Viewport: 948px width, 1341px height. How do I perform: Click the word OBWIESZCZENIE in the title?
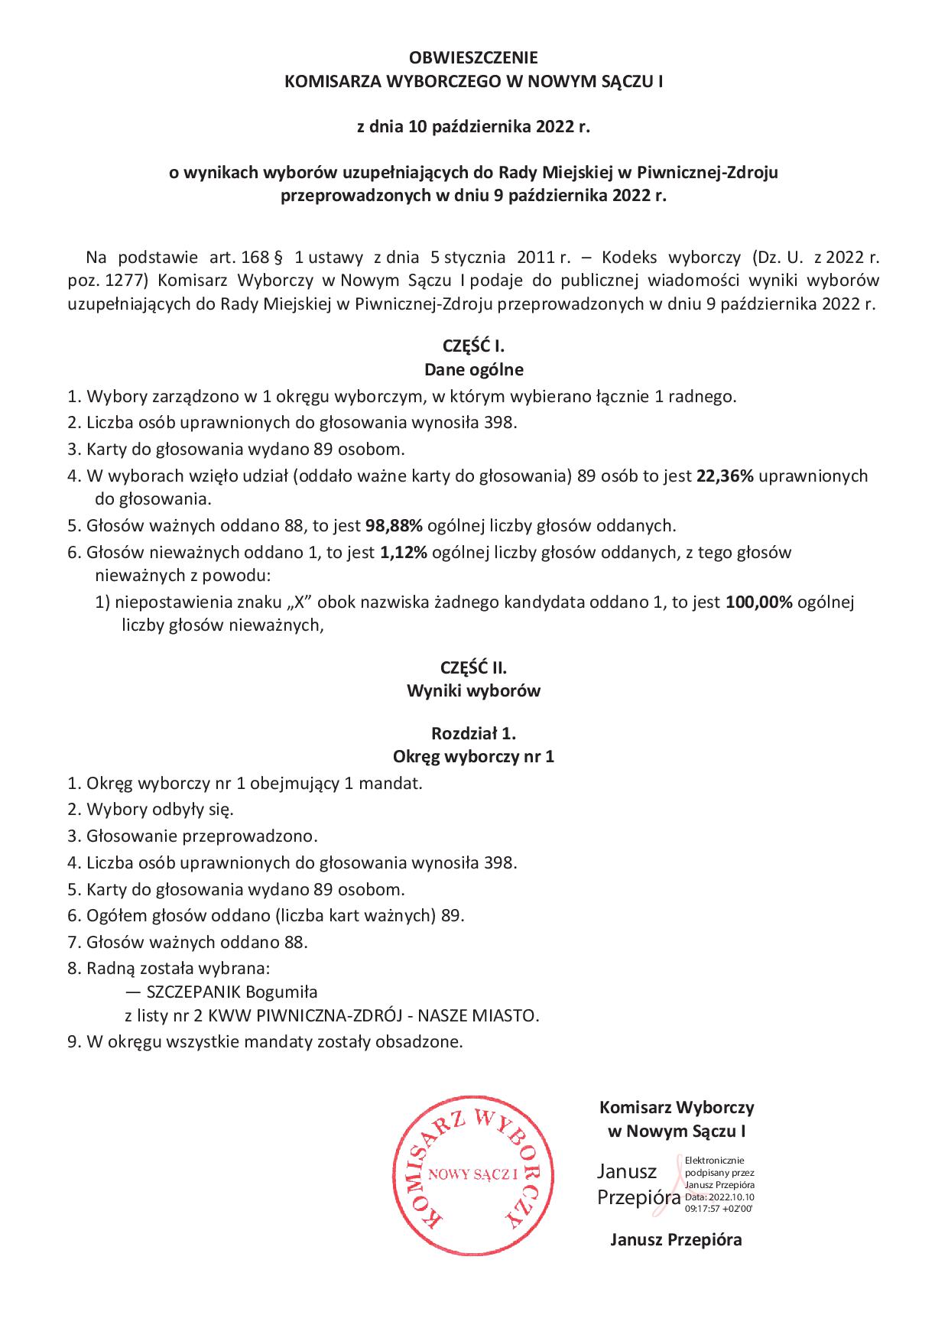(x=473, y=57)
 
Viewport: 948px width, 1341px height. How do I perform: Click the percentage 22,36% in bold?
(x=725, y=476)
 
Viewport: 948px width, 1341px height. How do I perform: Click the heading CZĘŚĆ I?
(x=473, y=345)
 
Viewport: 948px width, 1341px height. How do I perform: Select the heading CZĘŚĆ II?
(x=473, y=667)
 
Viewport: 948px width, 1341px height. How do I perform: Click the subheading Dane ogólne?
(x=473, y=370)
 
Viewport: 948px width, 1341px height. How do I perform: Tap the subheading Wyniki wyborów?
(x=473, y=691)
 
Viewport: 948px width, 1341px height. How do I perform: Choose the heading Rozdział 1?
(x=473, y=733)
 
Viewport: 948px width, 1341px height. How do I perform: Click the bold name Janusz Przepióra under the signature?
(x=676, y=1239)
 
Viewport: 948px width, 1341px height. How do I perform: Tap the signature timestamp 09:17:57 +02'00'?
(x=719, y=1208)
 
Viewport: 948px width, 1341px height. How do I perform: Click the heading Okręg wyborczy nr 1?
(x=473, y=757)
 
